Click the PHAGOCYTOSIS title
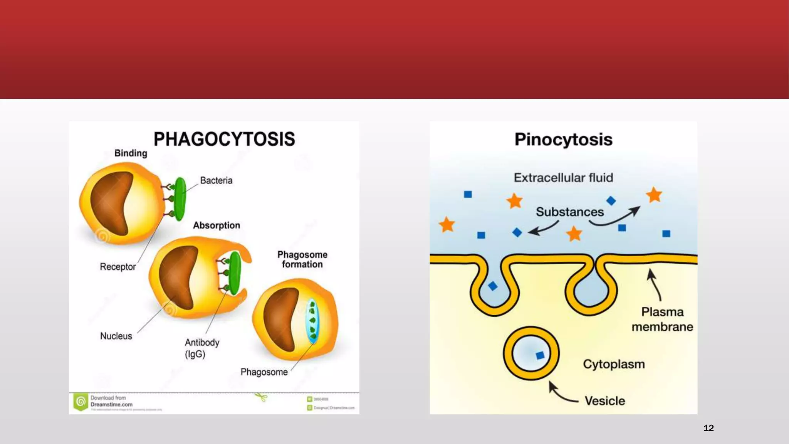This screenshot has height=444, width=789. pyautogui.click(x=224, y=139)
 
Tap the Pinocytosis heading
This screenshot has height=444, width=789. pyautogui.click(x=563, y=140)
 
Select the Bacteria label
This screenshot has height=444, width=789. pyautogui.click(x=216, y=180)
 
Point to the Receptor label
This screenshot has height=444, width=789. pyautogui.click(x=118, y=267)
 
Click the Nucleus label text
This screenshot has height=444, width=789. pyautogui.click(x=116, y=336)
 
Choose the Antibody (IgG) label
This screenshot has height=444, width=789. pyautogui.click(x=202, y=348)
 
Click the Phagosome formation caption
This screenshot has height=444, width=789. pyautogui.click(x=302, y=259)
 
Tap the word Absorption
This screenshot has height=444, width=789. pyautogui.click(x=217, y=225)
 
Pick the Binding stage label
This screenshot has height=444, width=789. pyautogui.click(x=131, y=153)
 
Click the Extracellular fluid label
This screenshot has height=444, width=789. pyautogui.click(x=563, y=178)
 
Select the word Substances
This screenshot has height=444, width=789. pyautogui.click(x=570, y=212)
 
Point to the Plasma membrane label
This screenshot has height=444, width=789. pyautogui.click(x=662, y=319)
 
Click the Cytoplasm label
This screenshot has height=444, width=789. pyautogui.click(x=614, y=364)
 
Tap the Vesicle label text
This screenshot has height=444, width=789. pyautogui.click(x=605, y=401)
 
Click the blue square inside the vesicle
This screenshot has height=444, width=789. pyautogui.click(x=540, y=355)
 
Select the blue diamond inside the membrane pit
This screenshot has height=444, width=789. pyautogui.click(x=493, y=286)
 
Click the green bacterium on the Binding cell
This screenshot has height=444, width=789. pyautogui.click(x=180, y=199)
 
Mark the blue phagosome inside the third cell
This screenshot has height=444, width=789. pyautogui.click(x=312, y=321)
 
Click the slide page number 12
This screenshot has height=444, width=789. pyautogui.click(x=708, y=428)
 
